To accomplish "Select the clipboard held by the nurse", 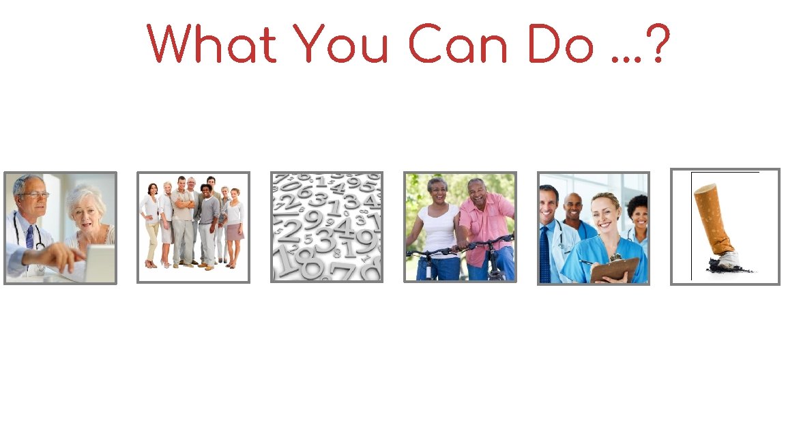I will tap(614, 269).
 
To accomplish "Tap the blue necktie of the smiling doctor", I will tap(544, 252).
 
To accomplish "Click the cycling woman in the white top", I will tap(437, 225).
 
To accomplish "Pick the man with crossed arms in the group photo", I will tap(182, 218).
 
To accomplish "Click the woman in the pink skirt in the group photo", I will tap(234, 225).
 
